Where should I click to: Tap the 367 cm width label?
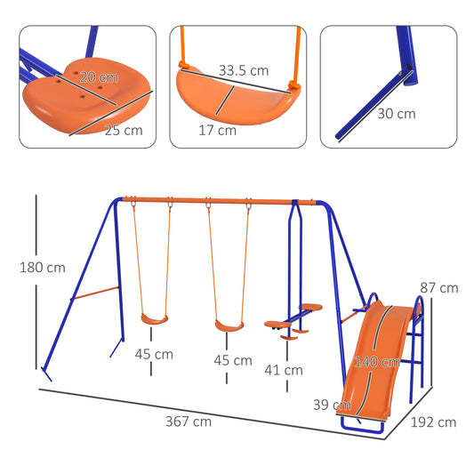[188, 422]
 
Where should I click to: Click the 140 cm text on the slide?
[375, 362]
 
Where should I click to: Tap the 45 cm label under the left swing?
[154, 354]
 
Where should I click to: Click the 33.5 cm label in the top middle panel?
[245, 70]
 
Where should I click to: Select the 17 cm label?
[216, 130]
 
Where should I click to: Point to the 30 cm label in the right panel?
[395, 114]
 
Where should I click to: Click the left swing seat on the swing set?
[154, 317]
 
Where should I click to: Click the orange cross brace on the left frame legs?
[96, 293]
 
